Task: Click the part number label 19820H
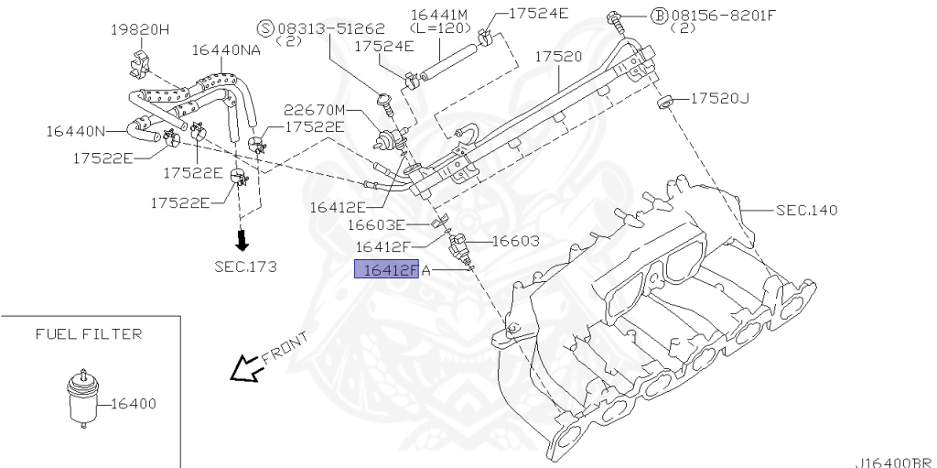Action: pos(140,28)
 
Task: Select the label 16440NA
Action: pos(226,49)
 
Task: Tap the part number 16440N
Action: pos(76,131)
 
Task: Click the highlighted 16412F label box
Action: pos(388,269)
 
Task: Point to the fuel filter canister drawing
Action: pos(81,397)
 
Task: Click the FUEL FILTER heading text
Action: pos(89,334)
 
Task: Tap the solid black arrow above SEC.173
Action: pos(242,241)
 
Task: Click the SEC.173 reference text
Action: pos(245,267)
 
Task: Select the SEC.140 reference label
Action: pos(806,211)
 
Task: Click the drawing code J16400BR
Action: pos(893,462)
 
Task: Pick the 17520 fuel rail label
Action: pos(558,57)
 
